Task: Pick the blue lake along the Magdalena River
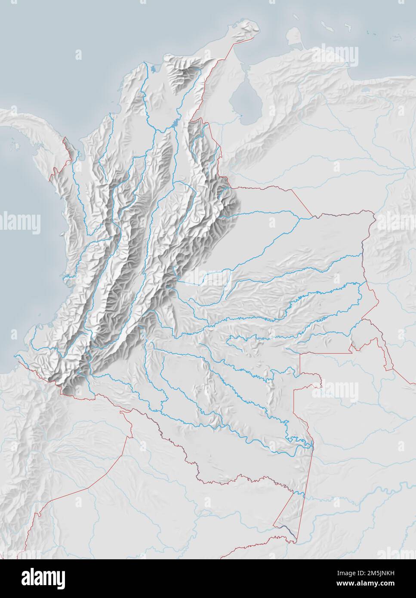point(174,123)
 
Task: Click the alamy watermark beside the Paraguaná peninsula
point(336,55)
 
